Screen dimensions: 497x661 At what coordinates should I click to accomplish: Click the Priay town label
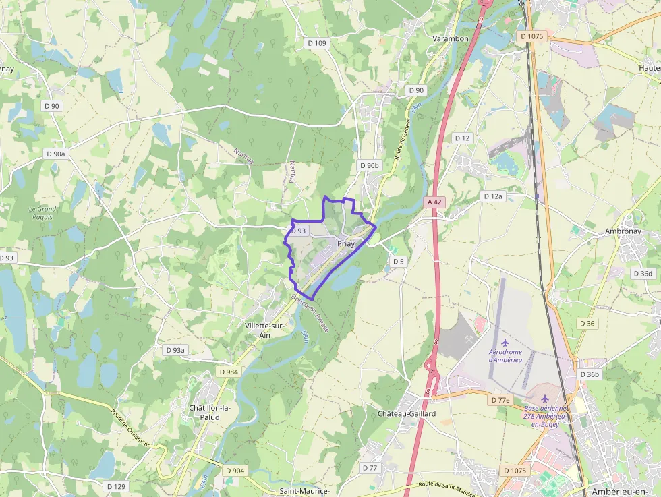345,244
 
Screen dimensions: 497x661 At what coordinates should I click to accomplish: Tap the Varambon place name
450,39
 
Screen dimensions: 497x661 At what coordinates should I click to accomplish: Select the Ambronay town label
623,231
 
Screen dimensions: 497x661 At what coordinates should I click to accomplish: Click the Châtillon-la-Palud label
210,413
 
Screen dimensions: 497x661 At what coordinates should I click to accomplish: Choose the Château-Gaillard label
407,413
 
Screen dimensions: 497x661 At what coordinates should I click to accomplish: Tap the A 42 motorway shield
434,202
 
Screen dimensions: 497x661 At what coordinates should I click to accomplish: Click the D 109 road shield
316,43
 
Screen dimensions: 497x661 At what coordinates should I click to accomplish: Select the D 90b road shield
370,165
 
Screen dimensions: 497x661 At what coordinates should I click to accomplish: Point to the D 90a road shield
57,154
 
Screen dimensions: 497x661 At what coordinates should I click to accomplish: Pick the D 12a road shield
493,196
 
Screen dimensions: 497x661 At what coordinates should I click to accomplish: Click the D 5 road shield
398,261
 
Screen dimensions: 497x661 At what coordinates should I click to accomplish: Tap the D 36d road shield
643,274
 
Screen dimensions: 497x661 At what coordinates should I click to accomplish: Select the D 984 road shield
229,372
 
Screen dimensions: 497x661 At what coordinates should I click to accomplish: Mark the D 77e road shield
500,400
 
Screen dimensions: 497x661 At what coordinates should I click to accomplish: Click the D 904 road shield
235,471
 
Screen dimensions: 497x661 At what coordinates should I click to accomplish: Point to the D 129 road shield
116,486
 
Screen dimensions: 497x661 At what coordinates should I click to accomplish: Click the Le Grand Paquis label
42,213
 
